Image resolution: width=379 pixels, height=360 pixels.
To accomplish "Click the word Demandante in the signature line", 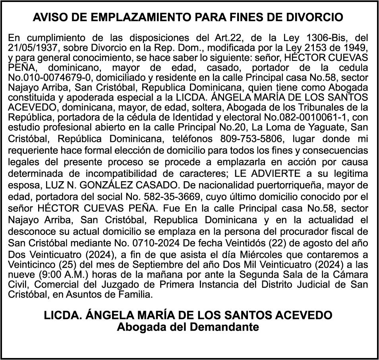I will click(215, 327).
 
